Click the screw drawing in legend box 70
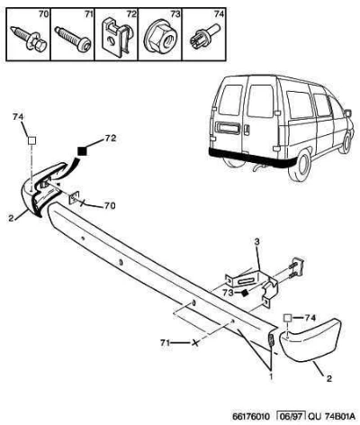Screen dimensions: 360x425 (x=29, y=39)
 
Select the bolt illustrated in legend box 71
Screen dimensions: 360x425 (x=73, y=39)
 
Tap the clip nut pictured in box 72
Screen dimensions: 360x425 (x=117, y=38)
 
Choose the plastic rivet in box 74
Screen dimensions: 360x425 (x=205, y=37)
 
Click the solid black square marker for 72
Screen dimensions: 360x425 (x=82, y=151)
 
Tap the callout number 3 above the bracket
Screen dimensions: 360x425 (x=257, y=241)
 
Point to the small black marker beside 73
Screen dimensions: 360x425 (x=245, y=292)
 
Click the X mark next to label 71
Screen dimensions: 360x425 (x=195, y=342)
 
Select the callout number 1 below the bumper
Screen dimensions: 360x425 (x=271, y=376)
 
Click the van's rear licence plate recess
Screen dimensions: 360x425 (x=228, y=128)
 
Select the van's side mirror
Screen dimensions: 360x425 (x=347, y=113)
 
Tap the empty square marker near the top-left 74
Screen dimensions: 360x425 (x=31, y=140)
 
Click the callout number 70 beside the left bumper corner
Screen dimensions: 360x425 (x=109, y=205)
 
